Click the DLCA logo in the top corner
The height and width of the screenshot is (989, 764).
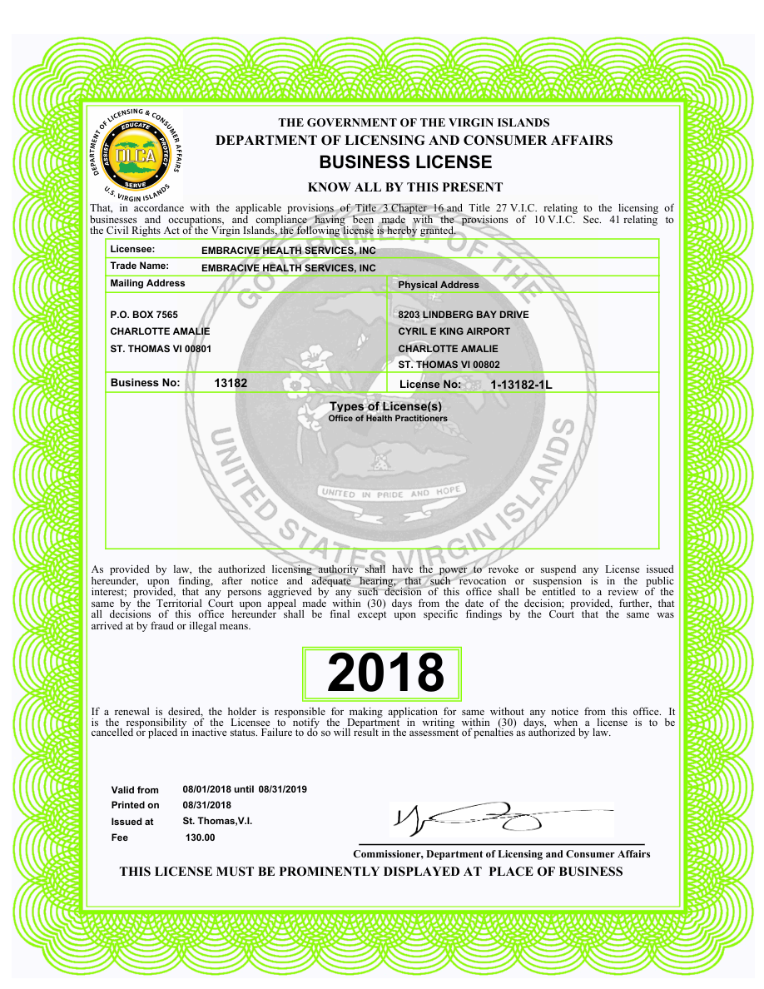click(136, 155)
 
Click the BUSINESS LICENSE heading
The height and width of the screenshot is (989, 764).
click(405, 162)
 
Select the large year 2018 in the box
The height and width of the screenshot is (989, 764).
click(385, 673)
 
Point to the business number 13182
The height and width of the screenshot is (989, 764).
click(231, 383)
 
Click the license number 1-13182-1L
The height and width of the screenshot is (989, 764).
click(521, 385)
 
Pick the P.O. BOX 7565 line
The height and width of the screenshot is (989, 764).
click(144, 315)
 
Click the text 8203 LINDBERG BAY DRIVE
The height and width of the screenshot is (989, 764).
click(464, 315)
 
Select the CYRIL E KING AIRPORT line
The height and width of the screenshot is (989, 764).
click(454, 331)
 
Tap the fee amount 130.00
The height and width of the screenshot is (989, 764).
click(200, 837)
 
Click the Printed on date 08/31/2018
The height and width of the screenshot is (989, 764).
click(207, 805)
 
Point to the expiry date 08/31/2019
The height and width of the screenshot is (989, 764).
click(283, 789)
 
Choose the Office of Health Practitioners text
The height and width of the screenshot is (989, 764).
click(388, 418)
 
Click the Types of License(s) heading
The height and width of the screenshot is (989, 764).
click(386, 406)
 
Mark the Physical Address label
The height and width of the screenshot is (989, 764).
click(439, 285)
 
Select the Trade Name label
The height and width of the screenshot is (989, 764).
click(140, 266)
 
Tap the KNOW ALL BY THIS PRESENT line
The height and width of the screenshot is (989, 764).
click(405, 187)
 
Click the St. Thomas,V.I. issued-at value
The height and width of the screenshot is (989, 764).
click(217, 821)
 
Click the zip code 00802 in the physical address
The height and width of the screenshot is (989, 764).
click(484, 365)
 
